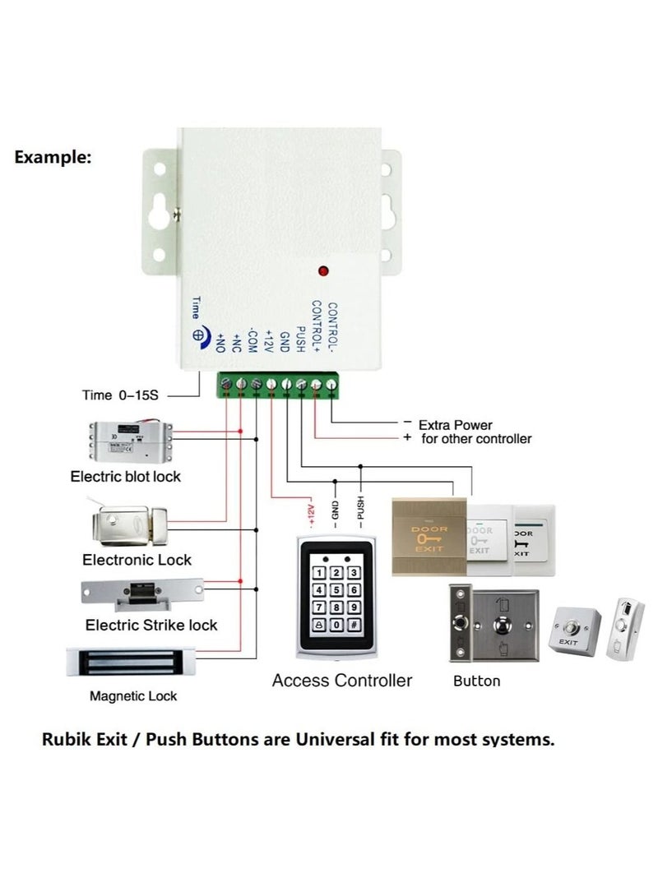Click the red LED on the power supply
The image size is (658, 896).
tap(323, 270)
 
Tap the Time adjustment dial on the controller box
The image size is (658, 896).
tap(198, 335)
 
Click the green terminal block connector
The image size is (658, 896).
tap(277, 384)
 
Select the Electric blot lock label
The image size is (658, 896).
tap(125, 476)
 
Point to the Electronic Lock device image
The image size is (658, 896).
tap(132, 523)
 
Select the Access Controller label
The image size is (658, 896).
tap(341, 681)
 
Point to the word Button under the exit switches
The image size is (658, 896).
tap(476, 681)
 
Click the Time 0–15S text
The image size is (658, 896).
tap(119, 395)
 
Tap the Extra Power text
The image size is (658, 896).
tap(455, 425)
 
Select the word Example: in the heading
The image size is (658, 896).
tap(53, 158)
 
